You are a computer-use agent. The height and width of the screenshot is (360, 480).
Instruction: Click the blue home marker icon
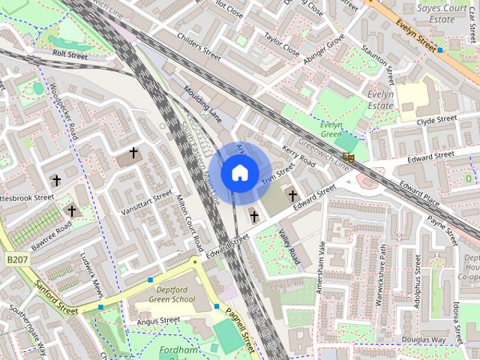239,173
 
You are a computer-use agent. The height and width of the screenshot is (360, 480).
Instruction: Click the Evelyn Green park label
331,129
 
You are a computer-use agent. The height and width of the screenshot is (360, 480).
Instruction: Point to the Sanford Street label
55,297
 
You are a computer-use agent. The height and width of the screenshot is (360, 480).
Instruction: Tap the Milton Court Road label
189,223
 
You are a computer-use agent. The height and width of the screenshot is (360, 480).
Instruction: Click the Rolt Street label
70,55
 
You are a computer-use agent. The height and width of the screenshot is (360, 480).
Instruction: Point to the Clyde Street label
436,120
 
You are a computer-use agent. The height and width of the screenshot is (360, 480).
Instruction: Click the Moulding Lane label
202,103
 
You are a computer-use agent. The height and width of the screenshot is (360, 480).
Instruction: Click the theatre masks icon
348,157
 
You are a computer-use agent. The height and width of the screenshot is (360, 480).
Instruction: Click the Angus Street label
157,320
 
